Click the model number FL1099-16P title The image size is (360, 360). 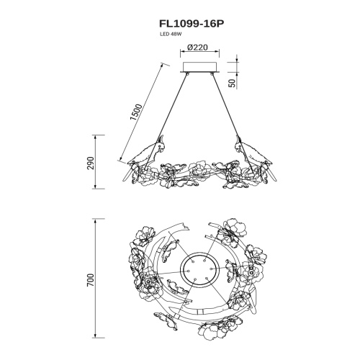(x=192, y=24)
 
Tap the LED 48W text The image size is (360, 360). (x=170, y=34)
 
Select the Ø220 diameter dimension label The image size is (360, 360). (x=198, y=48)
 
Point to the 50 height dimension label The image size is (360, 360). (x=233, y=84)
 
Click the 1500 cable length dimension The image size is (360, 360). (x=136, y=112)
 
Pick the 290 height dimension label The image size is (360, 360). (x=91, y=163)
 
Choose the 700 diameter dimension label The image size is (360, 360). (x=91, y=280)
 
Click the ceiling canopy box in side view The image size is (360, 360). (x=199, y=67)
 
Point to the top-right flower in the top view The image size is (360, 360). (x=233, y=230)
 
